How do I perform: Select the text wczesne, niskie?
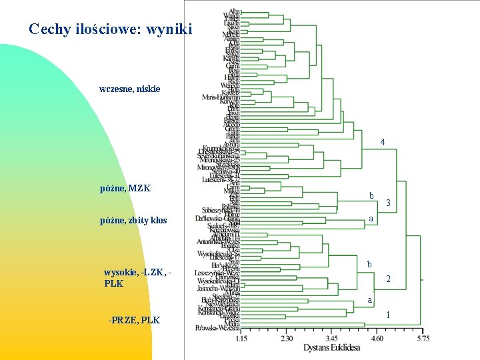[x=129, y=89]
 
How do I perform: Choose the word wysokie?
[x=121, y=272]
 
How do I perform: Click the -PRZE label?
[x=121, y=320]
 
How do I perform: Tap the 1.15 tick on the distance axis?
[x=241, y=339]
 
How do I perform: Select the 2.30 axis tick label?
[x=287, y=339]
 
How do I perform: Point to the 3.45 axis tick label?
[x=331, y=339]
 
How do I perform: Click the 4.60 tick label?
[x=377, y=339]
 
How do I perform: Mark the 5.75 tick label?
[x=422, y=339]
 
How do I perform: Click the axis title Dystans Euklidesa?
[x=331, y=348]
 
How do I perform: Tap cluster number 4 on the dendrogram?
[x=383, y=142]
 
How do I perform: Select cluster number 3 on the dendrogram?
[x=388, y=203]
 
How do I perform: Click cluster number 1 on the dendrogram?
[x=388, y=315]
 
